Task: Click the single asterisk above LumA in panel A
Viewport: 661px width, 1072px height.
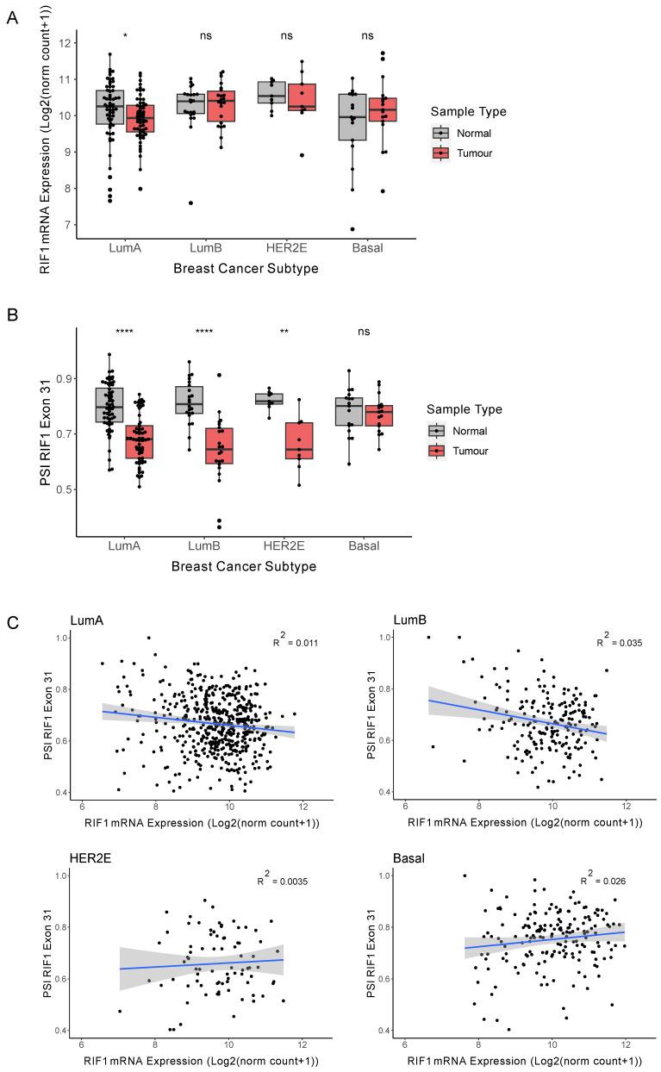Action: coord(126,37)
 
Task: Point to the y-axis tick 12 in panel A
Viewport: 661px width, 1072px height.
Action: coord(66,43)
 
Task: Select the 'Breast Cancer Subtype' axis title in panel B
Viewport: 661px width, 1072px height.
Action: coord(244,567)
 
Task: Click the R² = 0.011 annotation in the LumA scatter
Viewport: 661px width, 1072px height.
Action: coord(290,642)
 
